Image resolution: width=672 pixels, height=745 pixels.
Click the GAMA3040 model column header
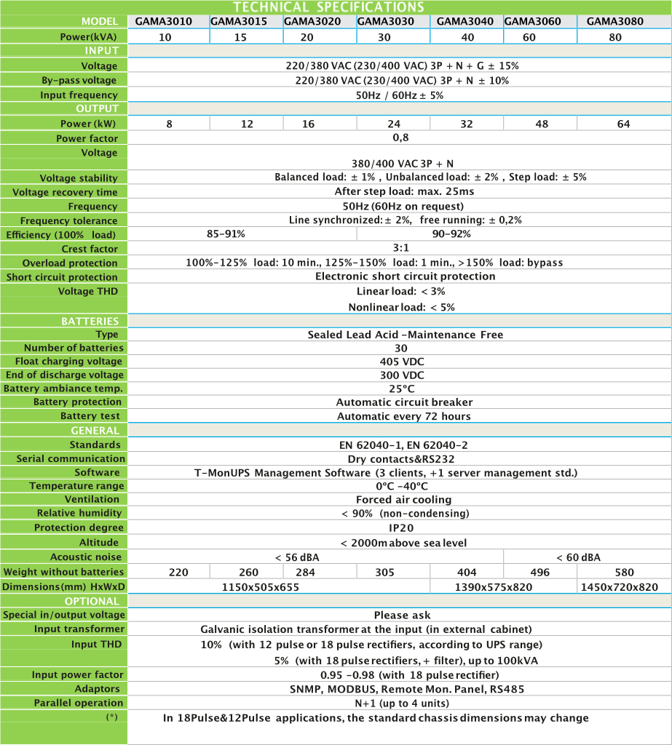tap(466, 21)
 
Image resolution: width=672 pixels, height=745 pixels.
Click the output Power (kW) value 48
tap(542, 124)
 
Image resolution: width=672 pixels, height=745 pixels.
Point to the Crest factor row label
tap(90, 249)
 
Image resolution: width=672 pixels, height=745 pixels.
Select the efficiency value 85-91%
tap(226, 234)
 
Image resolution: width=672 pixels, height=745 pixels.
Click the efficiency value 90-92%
tap(451, 234)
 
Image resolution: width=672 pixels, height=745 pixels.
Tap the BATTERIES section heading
tap(90, 321)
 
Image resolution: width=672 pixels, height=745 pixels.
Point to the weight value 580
tap(624, 573)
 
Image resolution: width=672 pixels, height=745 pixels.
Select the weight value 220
tap(178, 573)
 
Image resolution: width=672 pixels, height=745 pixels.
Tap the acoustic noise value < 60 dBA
tap(578, 557)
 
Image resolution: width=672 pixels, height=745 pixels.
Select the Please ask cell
tap(402, 615)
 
